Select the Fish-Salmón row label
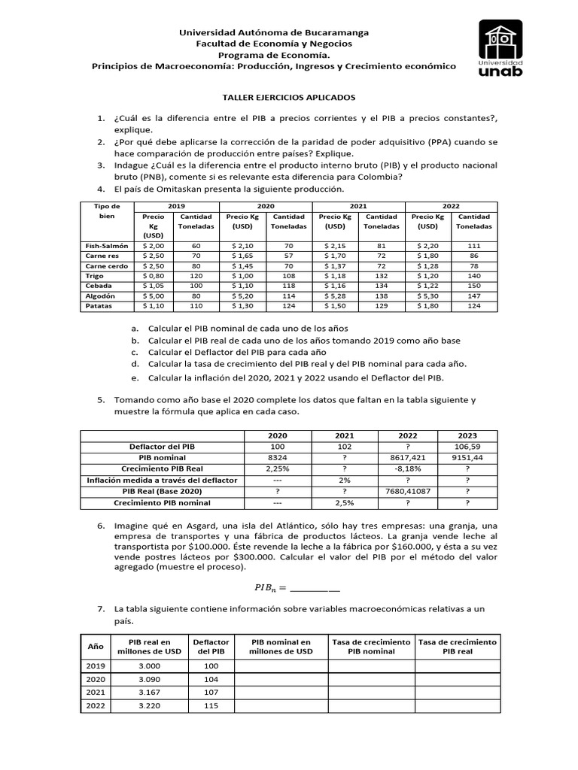(107, 246)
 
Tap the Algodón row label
(100, 296)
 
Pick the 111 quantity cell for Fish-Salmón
(473, 246)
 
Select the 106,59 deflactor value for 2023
(468, 446)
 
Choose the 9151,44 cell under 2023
(468, 457)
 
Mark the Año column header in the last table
(96, 647)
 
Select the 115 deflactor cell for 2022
(211, 706)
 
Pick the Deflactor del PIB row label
(162, 446)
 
